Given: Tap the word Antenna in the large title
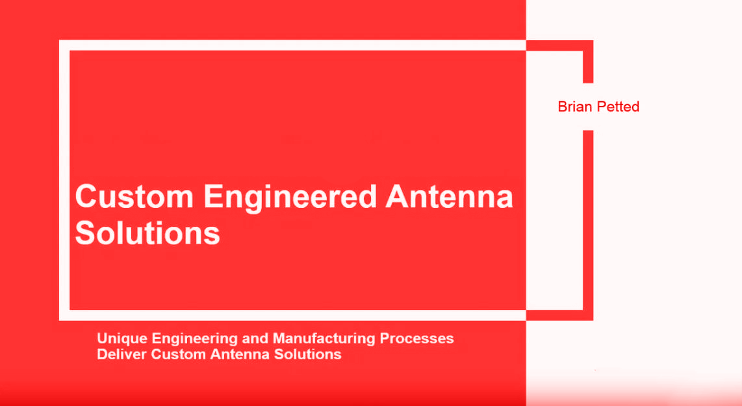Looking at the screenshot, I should (449, 196).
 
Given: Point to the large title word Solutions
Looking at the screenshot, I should (147, 233).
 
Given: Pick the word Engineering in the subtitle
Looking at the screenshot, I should (194, 339).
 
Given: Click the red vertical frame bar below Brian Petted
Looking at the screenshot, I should (587, 221).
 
